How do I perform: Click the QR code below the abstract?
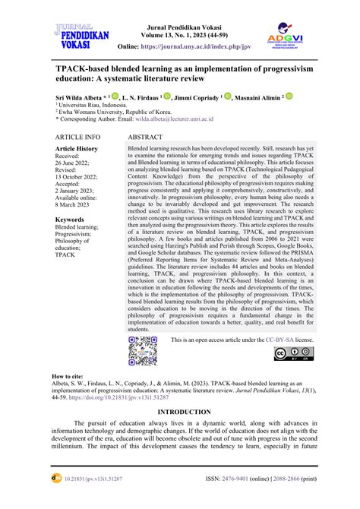pyautogui.click(x=142, y=350)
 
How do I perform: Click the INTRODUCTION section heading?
pyautogui.click(x=179, y=412)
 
